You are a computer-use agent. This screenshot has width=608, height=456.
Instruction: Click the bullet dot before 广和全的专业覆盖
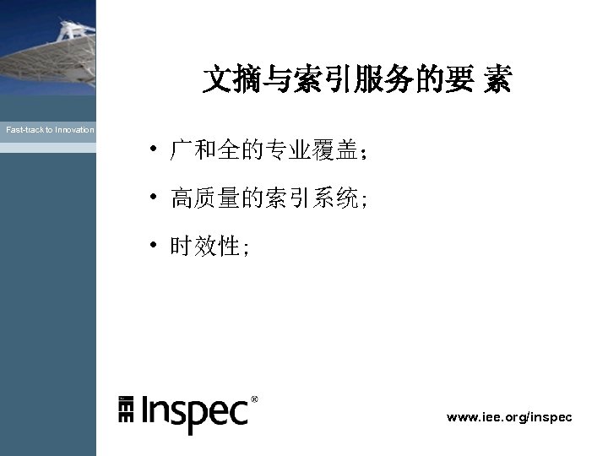click(154, 150)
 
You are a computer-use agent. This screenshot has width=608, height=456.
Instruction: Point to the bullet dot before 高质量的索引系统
click(154, 198)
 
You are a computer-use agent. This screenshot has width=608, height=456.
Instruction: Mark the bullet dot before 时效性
click(154, 245)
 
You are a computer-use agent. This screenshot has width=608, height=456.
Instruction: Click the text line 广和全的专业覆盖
click(268, 152)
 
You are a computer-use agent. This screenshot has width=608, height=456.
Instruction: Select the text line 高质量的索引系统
click(268, 199)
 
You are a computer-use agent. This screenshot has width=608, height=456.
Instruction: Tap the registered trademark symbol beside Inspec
click(255, 399)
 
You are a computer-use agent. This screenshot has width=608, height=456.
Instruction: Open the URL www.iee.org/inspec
click(509, 417)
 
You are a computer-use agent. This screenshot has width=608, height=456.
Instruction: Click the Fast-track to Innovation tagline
click(50, 130)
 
